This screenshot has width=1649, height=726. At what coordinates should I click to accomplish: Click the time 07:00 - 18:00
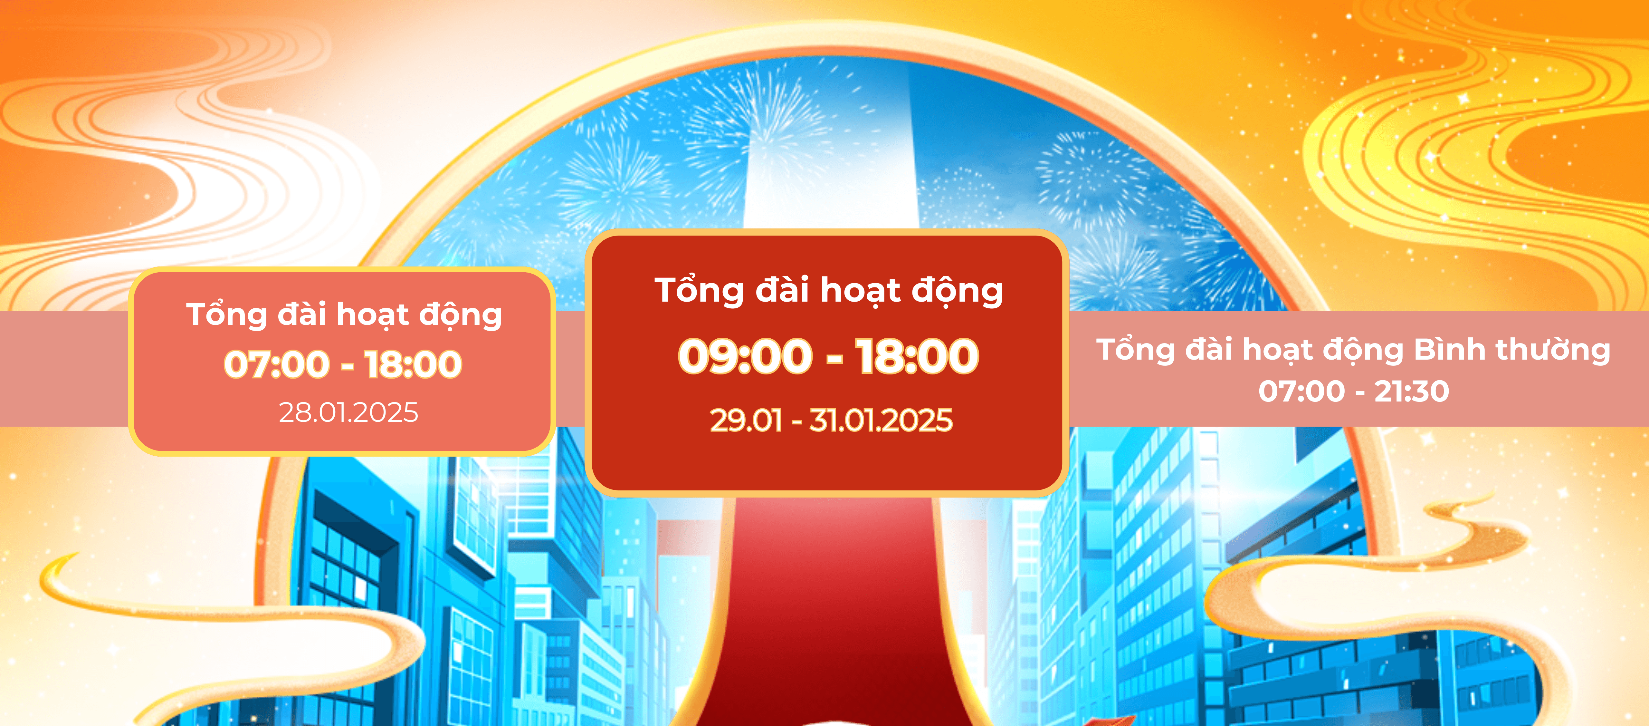tap(343, 364)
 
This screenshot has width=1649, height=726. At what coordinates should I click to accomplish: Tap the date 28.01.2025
tap(348, 412)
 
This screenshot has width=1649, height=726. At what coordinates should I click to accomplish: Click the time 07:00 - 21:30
tap(1354, 391)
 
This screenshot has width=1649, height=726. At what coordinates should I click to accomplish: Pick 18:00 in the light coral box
tap(414, 364)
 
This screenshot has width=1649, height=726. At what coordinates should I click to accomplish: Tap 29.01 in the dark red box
tap(746, 421)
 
